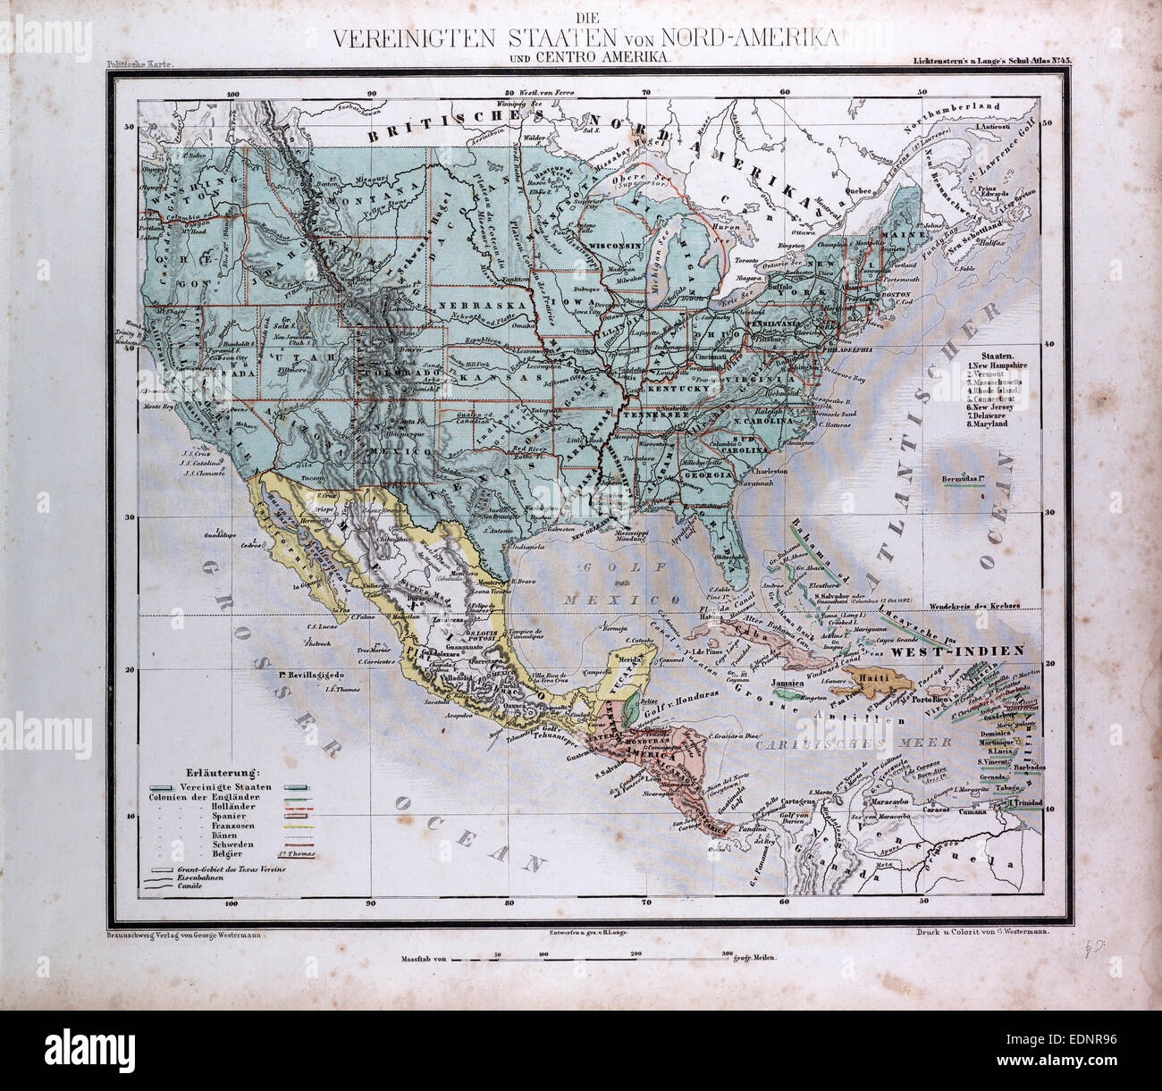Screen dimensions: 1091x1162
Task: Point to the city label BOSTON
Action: click(x=896, y=294)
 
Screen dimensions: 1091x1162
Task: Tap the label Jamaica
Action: click(x=789, y=683)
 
